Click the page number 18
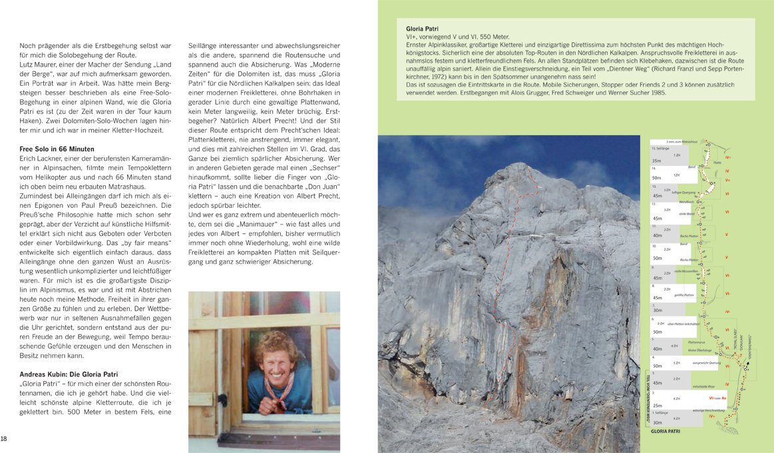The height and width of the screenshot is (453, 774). coord(4,438)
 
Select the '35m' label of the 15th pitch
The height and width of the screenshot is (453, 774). coord(657,161)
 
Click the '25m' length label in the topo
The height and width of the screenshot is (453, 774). coord(657,405)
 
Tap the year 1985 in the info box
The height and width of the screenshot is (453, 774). coord(656,92)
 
